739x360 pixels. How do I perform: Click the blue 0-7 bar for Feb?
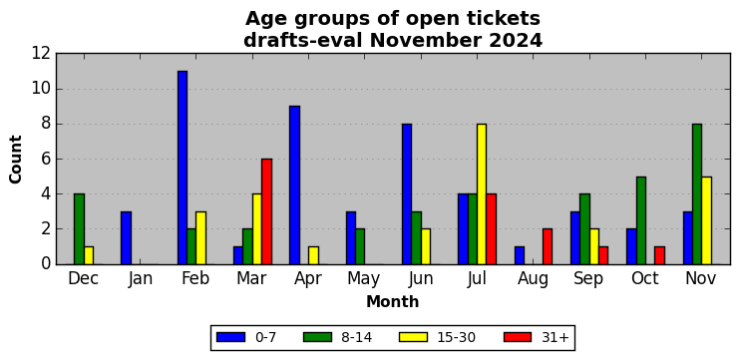tap(183, 168)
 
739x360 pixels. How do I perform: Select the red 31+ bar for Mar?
tap(266, 211)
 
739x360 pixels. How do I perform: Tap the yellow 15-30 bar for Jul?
tap(482, 194)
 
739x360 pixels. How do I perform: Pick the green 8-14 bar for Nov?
tap(697, 194)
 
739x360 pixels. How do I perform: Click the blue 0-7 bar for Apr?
tap(295, 185)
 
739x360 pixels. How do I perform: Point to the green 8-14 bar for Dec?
tap(79, 229)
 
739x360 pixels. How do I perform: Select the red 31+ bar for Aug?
tap(548, 246)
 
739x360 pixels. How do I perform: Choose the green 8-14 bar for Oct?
tap(641, 220)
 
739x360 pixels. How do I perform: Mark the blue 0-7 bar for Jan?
tap(126, 238)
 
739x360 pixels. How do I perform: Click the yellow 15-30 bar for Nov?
tap(706, 220)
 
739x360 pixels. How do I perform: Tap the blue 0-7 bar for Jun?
tap(407, 194)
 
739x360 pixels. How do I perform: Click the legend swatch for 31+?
tap(518, 337)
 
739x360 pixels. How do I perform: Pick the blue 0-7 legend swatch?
tap(230, 337)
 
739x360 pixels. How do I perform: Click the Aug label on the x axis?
tap(533, 279)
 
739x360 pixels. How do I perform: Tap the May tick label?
tap(364, 279)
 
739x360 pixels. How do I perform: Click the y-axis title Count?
tap(16, 160)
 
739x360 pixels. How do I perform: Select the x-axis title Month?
tap(393, 301)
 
